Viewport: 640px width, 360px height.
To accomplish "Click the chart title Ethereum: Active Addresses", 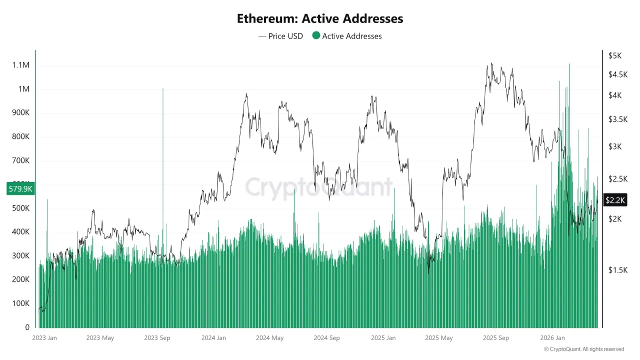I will [x=320, y=19].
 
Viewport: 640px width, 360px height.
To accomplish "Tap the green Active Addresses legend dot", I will [x=316, y=35].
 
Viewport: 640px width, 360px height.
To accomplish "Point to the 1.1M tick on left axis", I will [x=21, y=65].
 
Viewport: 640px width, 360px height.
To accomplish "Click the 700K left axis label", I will [x=20, y=161].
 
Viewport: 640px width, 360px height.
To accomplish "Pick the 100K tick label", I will [x=20, y=303].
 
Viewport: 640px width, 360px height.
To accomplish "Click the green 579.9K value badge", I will [x=20, y=189].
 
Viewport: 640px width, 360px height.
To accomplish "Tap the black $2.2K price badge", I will [x=615, y=200].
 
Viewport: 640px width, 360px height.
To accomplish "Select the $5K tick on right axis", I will [x=615, y=56].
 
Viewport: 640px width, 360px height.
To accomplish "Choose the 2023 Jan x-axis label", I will [x=44, y=338].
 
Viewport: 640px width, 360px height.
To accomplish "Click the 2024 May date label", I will [x=269, y=338].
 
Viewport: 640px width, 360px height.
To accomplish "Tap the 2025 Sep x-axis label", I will [x=496, y=338].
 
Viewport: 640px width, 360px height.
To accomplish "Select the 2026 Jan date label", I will [x=553, y=338].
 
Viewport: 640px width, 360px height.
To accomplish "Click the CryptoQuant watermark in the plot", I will [x=319, y=187].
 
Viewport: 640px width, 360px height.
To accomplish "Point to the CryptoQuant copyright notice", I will [x=584, y=349].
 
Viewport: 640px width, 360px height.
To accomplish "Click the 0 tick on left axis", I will [x=27, y=327].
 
